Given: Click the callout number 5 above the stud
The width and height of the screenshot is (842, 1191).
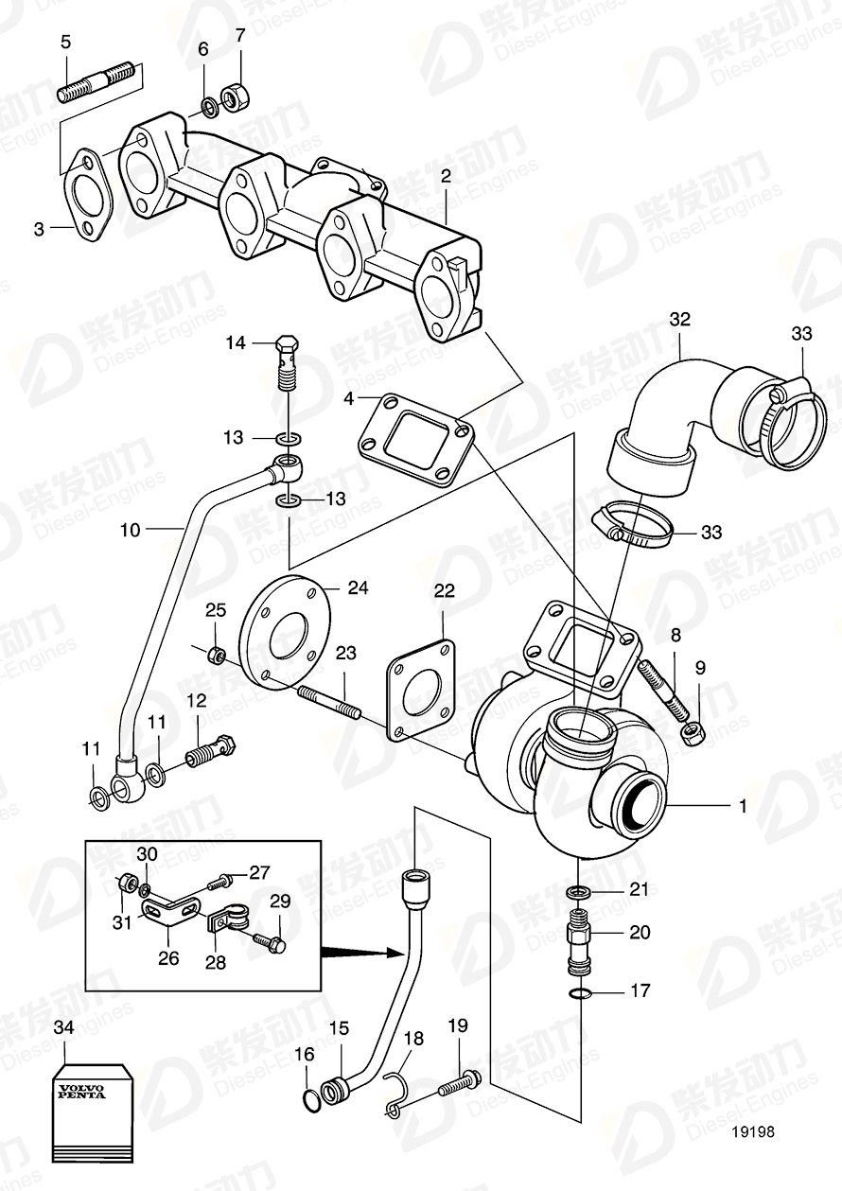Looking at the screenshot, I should coord(65,42).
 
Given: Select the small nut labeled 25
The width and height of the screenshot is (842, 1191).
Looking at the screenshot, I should coord(216,654).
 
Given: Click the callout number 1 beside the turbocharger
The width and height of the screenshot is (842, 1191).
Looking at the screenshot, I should coord(743,806).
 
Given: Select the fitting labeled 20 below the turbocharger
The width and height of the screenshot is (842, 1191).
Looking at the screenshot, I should coord(577,939).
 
